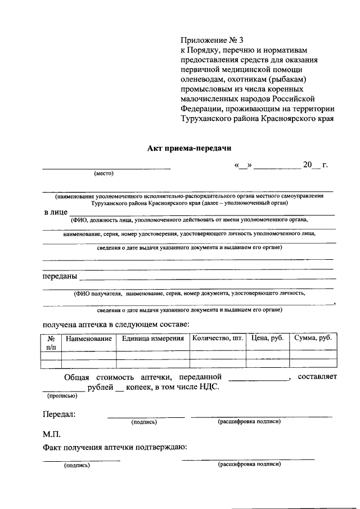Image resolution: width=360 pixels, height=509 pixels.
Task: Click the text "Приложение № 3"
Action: pyautogui.click(x=213, y=40)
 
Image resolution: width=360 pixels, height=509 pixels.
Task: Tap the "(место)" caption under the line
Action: pyautogui.click(x=103, y=173)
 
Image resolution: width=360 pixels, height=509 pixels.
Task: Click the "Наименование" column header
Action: pyautogui.click(x=88, y=338)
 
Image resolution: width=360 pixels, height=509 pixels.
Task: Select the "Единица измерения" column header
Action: pyautogui.click(x=152, y=338)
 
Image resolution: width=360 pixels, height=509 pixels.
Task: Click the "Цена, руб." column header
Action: pyautogui.click(x=268, y=338)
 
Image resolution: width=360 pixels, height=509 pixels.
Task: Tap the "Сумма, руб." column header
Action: pyautogui.click(x=313, y=338)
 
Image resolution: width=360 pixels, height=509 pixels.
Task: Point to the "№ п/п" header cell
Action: pyautogui.click(x=51, y=343)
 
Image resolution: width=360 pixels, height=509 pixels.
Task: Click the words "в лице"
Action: pyautogui.click(x=55, y=213)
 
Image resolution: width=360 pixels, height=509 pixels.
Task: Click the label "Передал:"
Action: pyautogui.click(x=59, y=415)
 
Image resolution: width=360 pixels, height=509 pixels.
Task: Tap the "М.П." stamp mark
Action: pyautogui.click(x=51, y=435)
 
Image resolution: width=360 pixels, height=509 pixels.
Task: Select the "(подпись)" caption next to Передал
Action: pyautogui.click(x=144, y=421)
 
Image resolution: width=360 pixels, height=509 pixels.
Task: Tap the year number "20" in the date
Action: pyautogui.click(x=307, y=165)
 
